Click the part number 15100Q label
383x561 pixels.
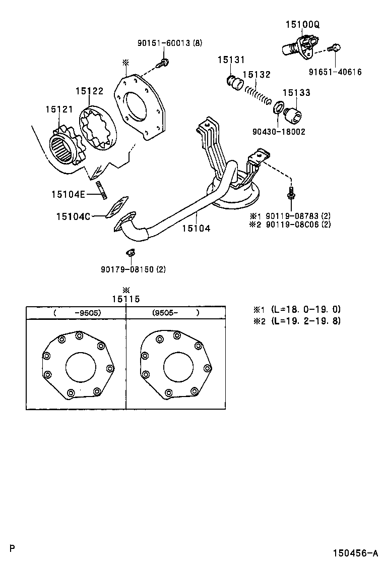click(303, 24)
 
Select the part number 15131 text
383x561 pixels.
click(231, 60)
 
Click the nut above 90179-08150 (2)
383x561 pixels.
click(130, 252)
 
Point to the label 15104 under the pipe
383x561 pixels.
click(197, 228)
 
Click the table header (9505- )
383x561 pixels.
click(175, 312)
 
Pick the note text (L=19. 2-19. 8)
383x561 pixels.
click(305, 320)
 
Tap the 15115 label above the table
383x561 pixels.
click(125, 299)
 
